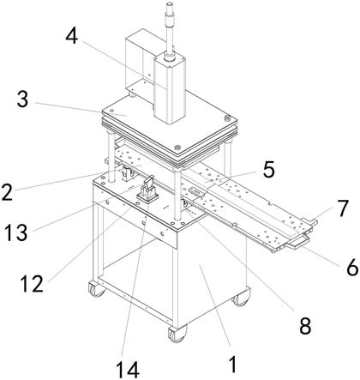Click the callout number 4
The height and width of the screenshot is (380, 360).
(72, 36)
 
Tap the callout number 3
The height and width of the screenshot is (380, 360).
(22, 99)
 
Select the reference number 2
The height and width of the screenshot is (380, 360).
(7, 192)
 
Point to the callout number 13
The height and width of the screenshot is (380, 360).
(16, 232)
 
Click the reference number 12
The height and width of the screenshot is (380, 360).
(32, 284)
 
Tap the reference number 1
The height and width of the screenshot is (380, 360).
(233, 365)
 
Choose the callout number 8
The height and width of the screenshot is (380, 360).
(305, 326)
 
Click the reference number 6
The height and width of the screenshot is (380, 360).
(352, 268)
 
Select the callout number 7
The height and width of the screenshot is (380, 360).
(343, 208)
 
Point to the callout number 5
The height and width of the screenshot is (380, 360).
(269, 169)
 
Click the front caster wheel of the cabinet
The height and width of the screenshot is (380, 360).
(177, 334)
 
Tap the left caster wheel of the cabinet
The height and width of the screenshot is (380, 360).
(97, 289)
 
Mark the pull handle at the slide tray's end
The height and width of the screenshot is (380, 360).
(297, 243)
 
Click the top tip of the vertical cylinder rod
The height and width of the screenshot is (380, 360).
(170, 3)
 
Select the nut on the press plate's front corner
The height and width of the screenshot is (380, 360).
(177, 148)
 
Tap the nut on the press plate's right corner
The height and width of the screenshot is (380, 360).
(227, 118)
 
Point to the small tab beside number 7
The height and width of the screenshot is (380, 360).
(309, 221)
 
